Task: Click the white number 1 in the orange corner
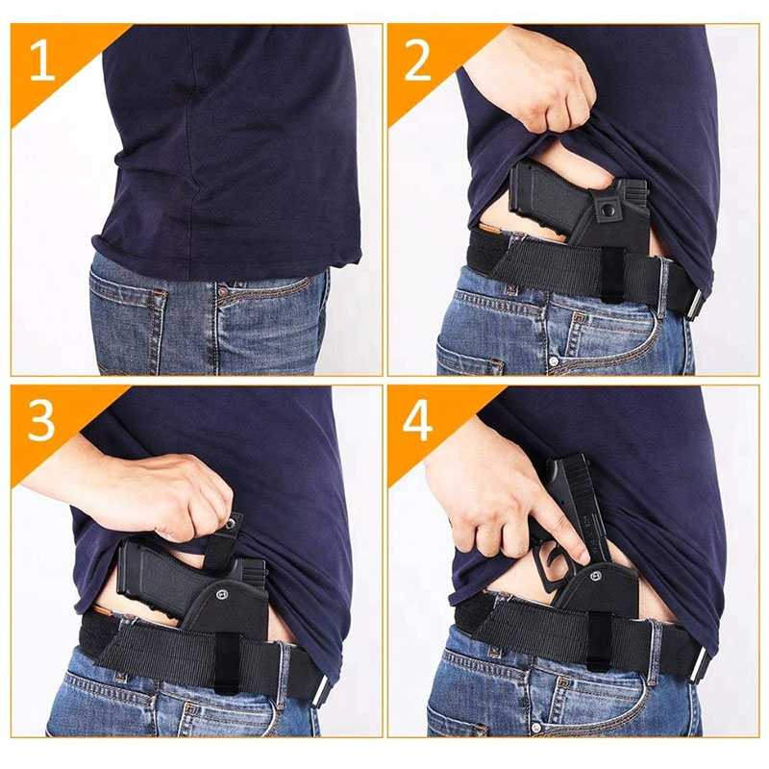(x=41, y=61)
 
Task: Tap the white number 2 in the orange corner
(x=418, y=61)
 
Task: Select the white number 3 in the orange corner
(x=41, y=421)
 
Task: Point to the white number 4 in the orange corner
(x=418, y=421)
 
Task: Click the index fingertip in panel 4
(x=585, y=557)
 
